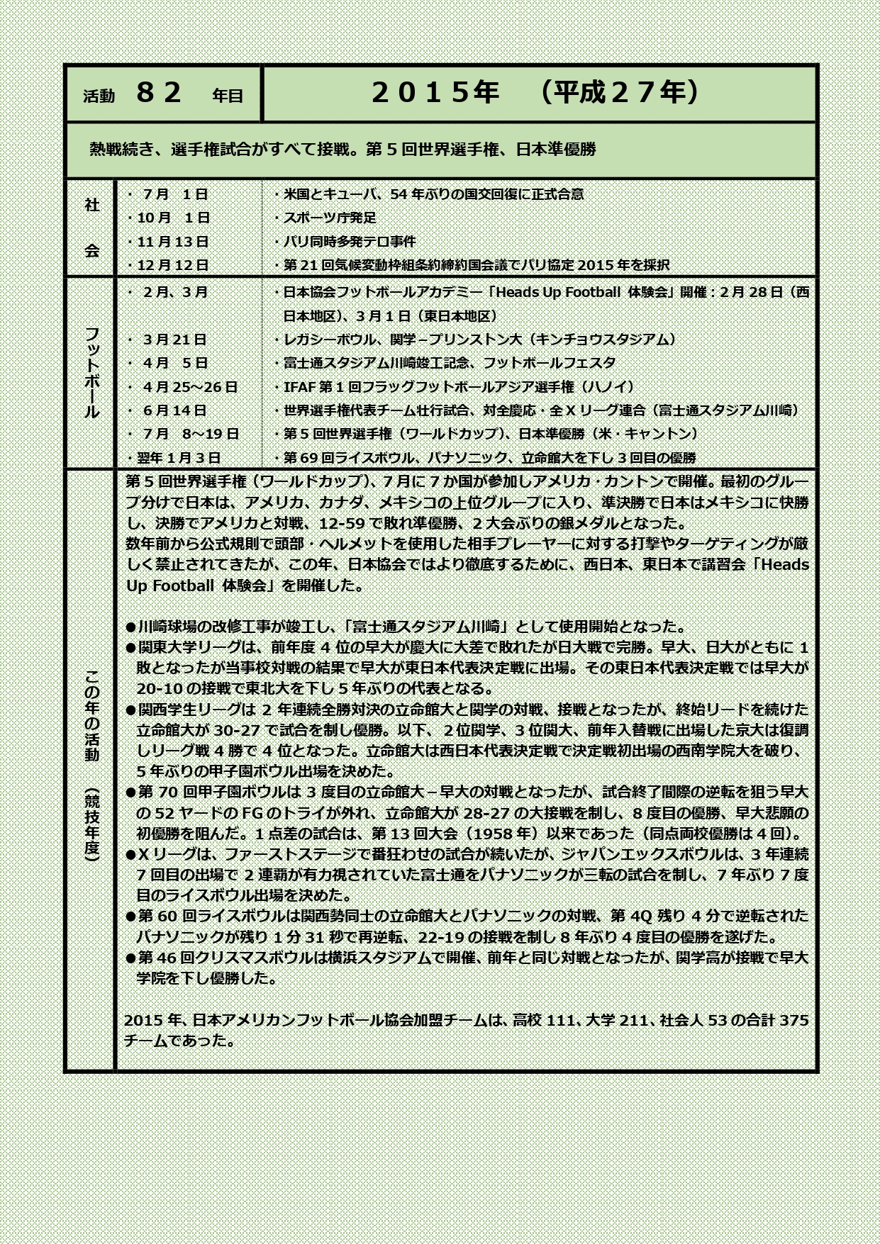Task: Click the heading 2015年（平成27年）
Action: coord(535,93)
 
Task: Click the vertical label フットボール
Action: coord(91,372)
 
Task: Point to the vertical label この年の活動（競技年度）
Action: coord(91,766)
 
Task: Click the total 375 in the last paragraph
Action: coord(794,1020)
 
